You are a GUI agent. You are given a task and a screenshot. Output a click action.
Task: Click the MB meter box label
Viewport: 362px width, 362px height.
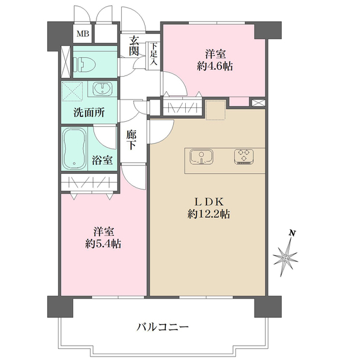coord(83,33)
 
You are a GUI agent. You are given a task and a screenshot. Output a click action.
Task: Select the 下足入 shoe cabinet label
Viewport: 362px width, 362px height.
coord(154,53)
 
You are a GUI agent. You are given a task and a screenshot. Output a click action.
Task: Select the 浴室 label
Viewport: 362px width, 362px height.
coord(102,160)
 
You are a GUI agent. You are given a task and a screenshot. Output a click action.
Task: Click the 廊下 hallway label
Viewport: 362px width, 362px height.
coord(131,141)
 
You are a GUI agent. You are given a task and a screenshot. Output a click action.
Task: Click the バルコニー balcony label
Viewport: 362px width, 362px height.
coord(163,327)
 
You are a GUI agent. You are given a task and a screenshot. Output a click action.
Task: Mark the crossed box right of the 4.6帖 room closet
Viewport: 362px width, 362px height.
coord(258,103)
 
